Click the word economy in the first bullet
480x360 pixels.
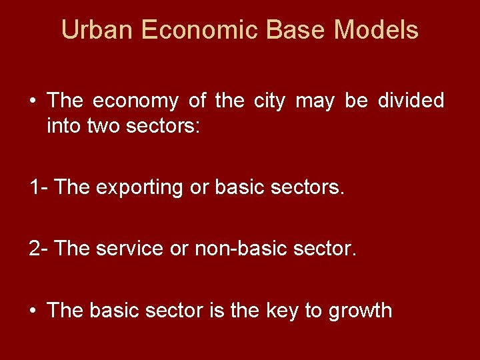pyautogui.click(x=135, y=101)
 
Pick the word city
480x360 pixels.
pyautogui.click(x=269, y=101)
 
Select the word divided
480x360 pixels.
pyautogui.click(x=411, y=101)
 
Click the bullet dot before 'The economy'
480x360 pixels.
pyautogui.click(x=32, y=101)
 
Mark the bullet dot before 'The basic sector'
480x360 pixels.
pyautogui.click(x=32, y=311)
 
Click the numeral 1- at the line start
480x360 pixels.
pyautogui.click(x=38, y=187)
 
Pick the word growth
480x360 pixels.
pyautogui.click(x=360, y=311)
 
